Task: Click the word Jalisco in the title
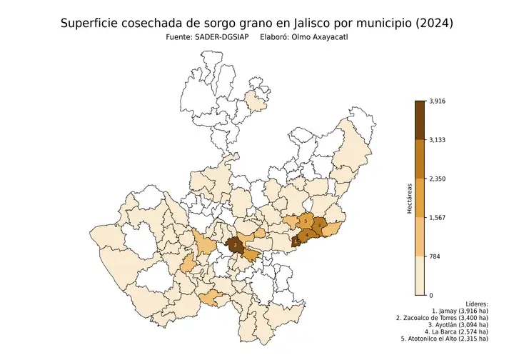point(294,24)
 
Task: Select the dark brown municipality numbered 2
point(235,245)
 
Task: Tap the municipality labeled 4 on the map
point(308,234)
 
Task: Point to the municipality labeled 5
point(306,221)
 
